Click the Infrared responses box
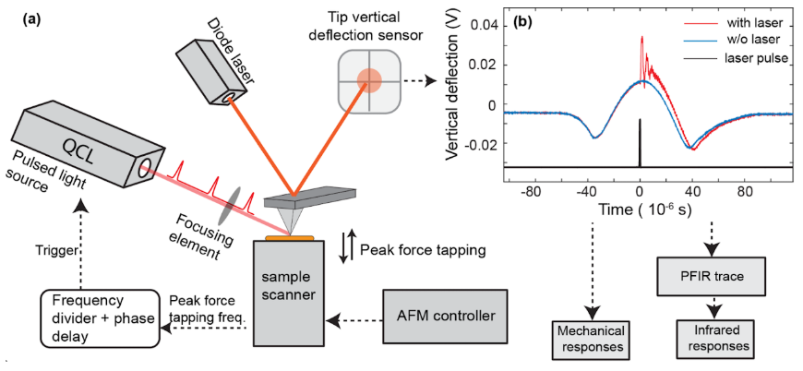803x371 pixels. (717, 336)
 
